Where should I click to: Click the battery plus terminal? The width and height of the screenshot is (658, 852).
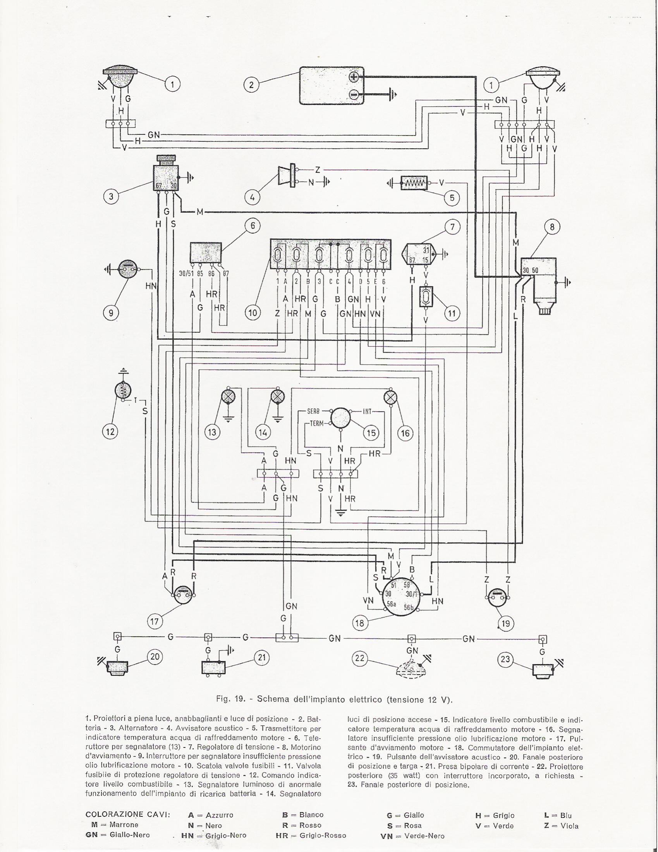tap(354, 77)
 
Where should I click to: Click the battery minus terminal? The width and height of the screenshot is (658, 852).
tap(354, 94)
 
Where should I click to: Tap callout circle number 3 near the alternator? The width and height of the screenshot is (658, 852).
tap(111, 196)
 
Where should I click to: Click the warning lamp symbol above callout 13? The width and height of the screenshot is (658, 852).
tap(227, 397)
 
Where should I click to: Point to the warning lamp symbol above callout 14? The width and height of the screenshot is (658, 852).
tap(277, 397)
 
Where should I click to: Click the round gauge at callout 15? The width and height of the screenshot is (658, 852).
tap(341, 418)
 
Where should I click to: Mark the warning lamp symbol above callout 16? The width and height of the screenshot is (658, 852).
tap(390, 397)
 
